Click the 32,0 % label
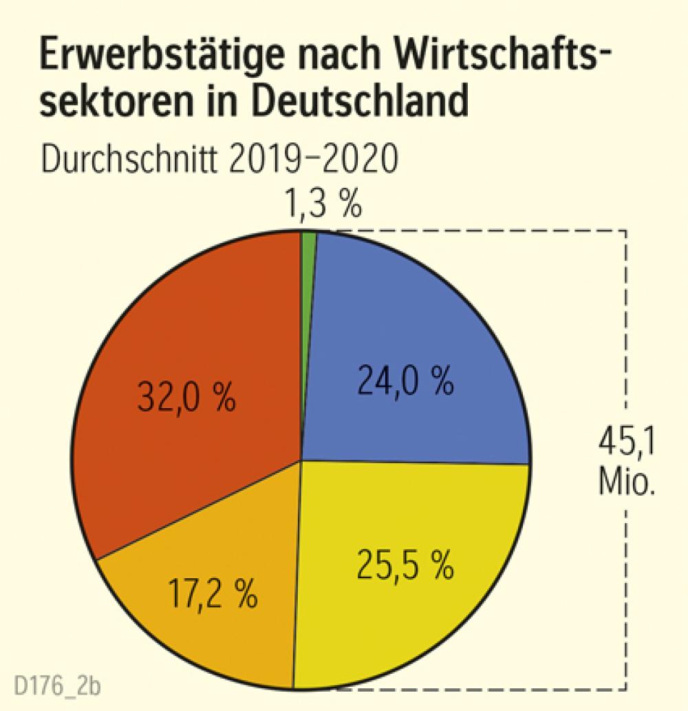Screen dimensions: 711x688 pyautogui.click(x=186, y=399)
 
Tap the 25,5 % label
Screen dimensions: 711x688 pyautogui.click(x=405, y=564)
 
